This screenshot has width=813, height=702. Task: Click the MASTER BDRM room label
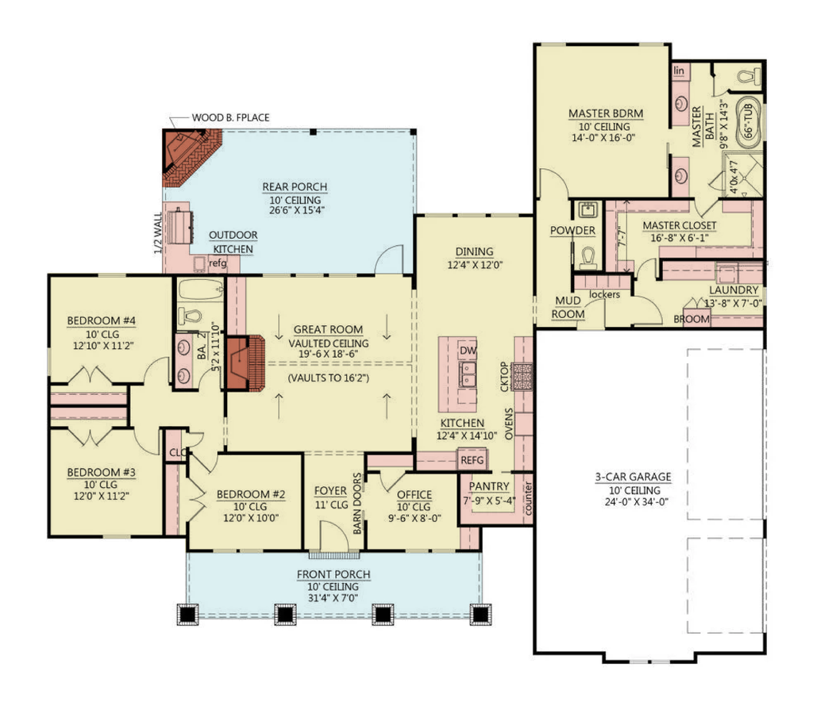tap(606, 113)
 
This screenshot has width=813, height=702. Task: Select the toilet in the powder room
tap(588, 258)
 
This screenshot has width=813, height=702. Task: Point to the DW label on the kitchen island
tap(468, 351)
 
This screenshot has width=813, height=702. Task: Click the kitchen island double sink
tap(468, 374)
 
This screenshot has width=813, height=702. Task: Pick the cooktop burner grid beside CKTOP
tap(522, 376)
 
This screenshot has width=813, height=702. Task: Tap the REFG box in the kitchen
tap(472, 460)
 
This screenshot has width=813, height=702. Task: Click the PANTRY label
tap(489, 486)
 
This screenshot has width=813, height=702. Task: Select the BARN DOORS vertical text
tap(357, 503)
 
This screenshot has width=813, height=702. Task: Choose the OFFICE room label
tap(414, 495)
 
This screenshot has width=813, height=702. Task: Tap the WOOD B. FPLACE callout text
tap(231, 117)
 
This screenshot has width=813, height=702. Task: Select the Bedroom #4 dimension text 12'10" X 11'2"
tap(103, 346)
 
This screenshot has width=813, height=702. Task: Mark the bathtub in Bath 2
tap(199, 290)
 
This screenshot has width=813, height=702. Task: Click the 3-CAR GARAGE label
tap(633, 477)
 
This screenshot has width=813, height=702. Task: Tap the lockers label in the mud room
tap(604, 294)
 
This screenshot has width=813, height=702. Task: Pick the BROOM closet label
tap(692, 319)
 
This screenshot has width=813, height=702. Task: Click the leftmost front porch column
tap(187, 615)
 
